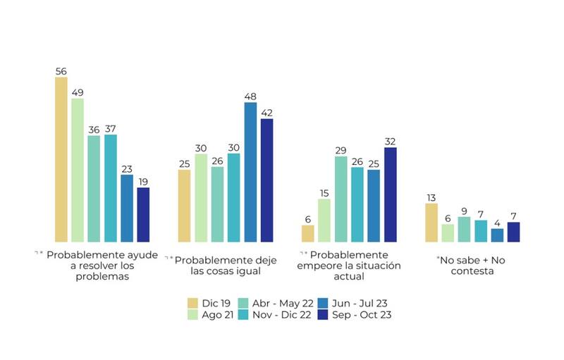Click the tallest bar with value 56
pyautogui.click(x=61, y=159)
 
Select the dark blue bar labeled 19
pyautogui.click(x=143, y=214)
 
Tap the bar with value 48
pyautogui.click(x=250, y=172)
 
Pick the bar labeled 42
pyautogui.click(x=266, y=180)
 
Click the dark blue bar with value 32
pyautogui.click(x=390, y=194)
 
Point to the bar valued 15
pyautogui.click(x=324, y=221)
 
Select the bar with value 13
pyautogui.click(x=431, y=223)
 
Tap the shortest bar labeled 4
pyautogui.click(x=497, y=235)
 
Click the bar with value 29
pyautogui.click(x=341, y=199)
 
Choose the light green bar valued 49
pyautogui.click(x=78, y=170)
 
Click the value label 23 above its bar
pyautogui.click(x=127, y=169)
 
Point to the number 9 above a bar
pyautogui.click(x=464, y=211)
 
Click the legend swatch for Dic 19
pyautogui.click(x=192, y=303)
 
